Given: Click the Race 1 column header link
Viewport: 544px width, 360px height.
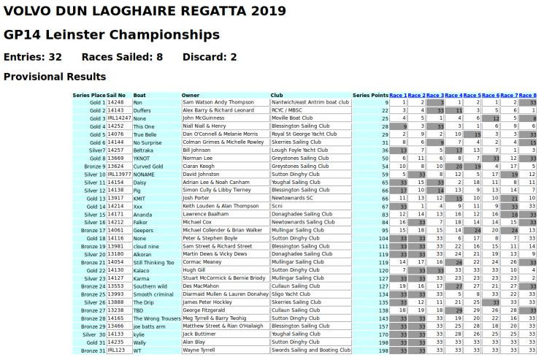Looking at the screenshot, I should click(398, 95).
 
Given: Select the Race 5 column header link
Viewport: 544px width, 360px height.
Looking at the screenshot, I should click(472, 95).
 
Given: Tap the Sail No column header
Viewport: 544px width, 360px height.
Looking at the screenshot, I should click(116, 95).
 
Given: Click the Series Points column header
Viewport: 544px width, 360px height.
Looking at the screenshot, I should click(370, 95).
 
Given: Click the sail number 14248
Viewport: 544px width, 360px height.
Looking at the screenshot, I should click(116, 102).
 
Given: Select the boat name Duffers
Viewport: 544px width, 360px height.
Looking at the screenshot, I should click(144, 110).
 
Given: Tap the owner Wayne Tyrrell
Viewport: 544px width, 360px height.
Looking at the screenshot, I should click(199, 351).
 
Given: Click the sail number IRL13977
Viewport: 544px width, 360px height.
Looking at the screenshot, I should click(120, 174).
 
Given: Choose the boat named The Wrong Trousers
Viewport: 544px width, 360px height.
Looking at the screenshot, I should click(156, 318).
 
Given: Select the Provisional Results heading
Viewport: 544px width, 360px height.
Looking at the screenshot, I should click(55, 77).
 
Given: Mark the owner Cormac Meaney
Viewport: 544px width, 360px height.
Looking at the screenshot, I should click(202, 262).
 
